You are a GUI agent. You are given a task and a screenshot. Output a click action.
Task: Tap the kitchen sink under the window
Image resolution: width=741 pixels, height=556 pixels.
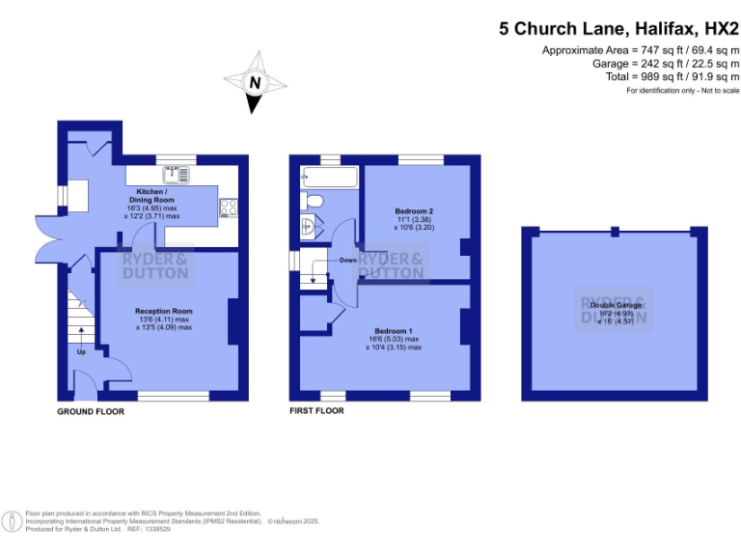pos(177,174)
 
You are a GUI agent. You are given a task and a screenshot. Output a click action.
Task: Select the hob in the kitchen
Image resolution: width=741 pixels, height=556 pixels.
pos(230,207)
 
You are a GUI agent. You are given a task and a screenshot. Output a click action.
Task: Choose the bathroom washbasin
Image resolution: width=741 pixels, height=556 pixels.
pos(308,229)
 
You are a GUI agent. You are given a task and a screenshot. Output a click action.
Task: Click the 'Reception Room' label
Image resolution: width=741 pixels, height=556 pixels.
pos(164,311)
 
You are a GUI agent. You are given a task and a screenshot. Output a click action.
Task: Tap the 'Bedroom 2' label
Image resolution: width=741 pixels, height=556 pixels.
pos(414,210)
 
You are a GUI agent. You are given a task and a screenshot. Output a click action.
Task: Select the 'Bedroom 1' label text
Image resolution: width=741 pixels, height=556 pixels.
pos(393,330)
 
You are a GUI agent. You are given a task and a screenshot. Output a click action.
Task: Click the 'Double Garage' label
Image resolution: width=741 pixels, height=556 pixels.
pos(614,305)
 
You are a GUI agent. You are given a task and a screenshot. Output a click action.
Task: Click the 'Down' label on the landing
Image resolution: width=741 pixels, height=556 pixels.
pos(348,261)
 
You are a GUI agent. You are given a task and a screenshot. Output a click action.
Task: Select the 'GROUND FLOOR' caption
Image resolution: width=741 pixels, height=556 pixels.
pos(90,411)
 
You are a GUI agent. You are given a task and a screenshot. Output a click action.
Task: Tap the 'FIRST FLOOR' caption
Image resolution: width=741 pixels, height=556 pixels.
pos(317,410)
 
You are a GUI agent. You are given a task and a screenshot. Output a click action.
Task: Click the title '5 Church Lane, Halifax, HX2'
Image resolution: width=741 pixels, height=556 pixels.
pos(618,28)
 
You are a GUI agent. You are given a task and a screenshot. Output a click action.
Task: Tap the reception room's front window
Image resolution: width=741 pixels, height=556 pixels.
pos(173,396)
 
